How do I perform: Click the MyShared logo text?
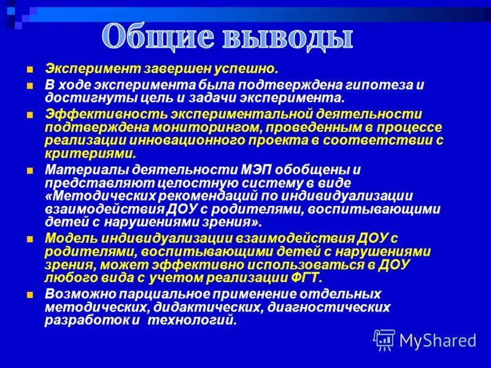[x=438, y=340]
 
